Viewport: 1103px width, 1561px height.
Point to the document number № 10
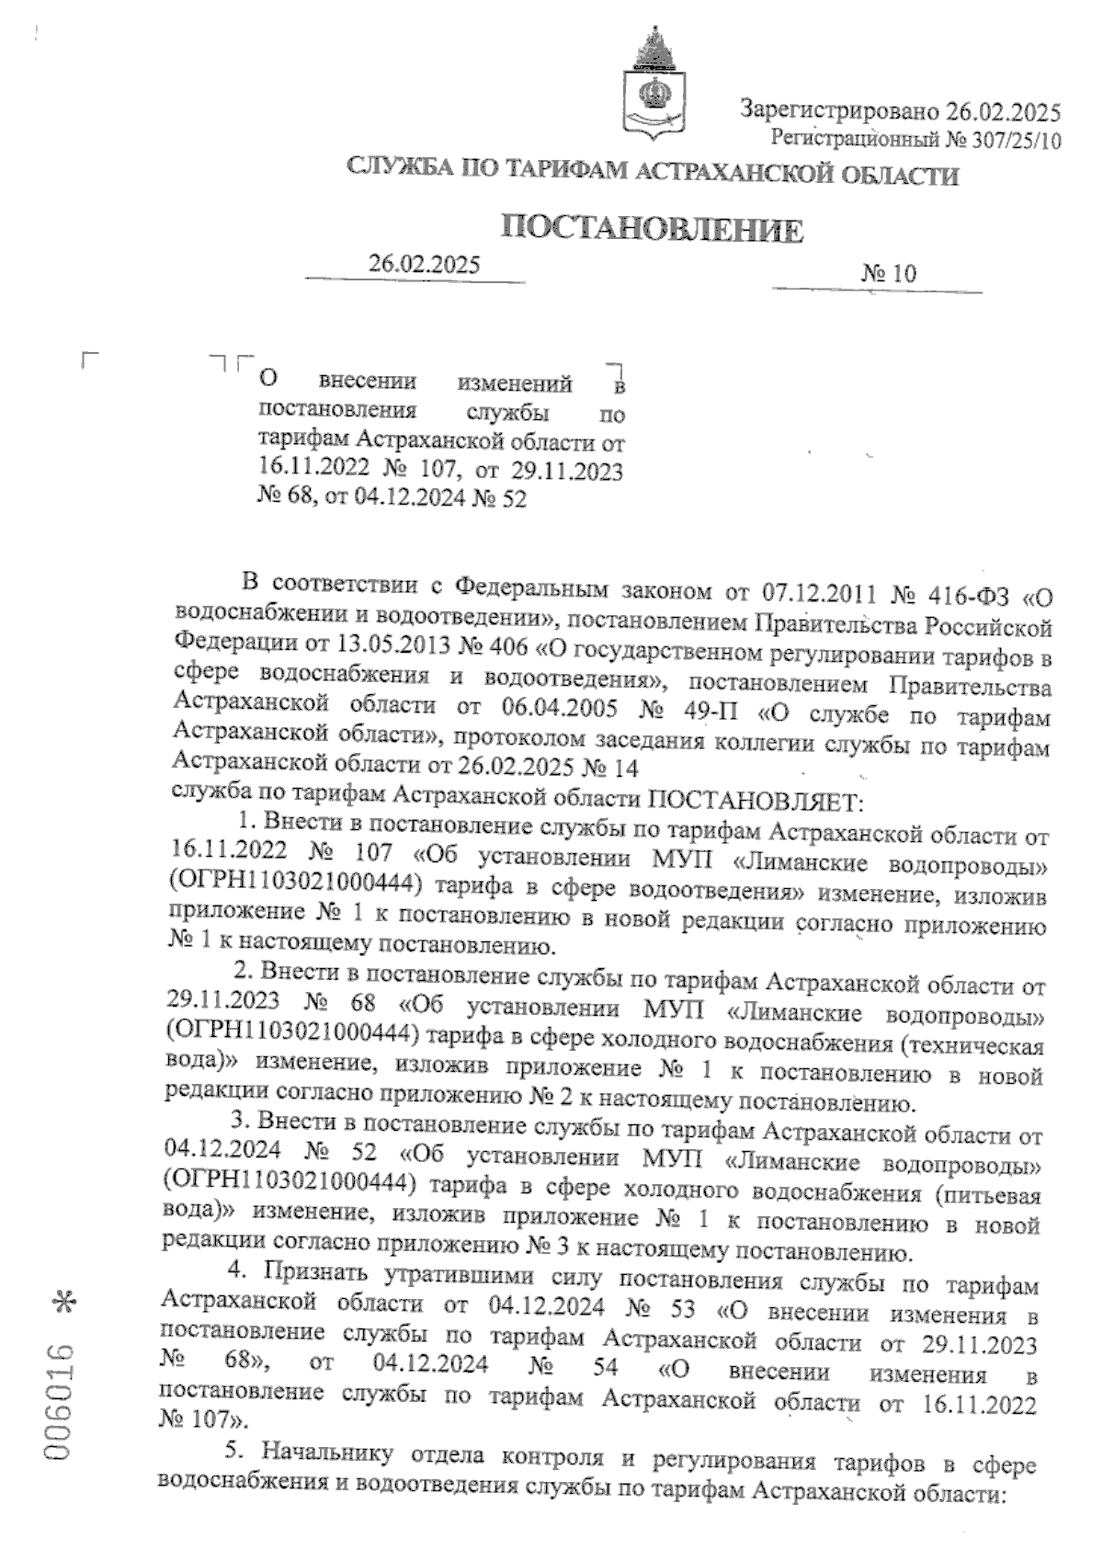889,273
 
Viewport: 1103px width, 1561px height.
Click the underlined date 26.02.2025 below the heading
424,265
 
